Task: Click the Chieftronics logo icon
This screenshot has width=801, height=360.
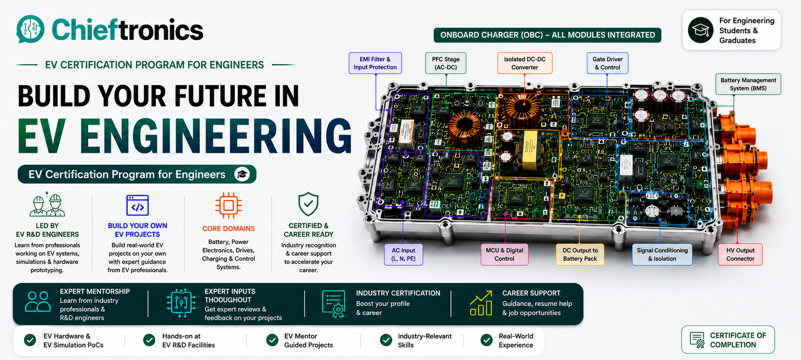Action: (31, 29)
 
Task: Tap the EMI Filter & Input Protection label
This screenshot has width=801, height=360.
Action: (375, 63)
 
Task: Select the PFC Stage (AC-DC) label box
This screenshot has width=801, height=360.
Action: (446, 63)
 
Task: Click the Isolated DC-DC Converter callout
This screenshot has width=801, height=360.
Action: (525, 63)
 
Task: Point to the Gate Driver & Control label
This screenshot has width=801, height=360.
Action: (607, 63)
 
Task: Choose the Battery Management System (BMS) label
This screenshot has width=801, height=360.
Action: (748, 84)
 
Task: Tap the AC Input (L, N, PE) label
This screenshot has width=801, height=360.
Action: (404, 254)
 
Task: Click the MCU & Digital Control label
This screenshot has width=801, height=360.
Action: (504, 254)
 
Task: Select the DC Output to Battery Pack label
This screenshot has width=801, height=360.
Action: (580, 254)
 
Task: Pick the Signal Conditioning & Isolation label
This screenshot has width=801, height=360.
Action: (662, 254)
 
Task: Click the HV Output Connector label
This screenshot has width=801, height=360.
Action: (740, 254)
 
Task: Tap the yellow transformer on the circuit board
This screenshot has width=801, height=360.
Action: (530, 150)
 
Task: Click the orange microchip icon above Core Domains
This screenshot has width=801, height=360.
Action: (228, 206)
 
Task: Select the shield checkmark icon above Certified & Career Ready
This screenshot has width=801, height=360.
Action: (308, 204)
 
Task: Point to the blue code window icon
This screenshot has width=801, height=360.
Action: (137, 205)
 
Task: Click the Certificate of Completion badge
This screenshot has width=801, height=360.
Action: (728, 339)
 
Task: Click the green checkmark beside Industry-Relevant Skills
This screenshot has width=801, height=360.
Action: (386, 340)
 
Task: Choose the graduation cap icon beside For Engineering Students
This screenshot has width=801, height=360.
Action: (700, 30)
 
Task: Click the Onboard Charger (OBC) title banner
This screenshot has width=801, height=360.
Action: (547, 35)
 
